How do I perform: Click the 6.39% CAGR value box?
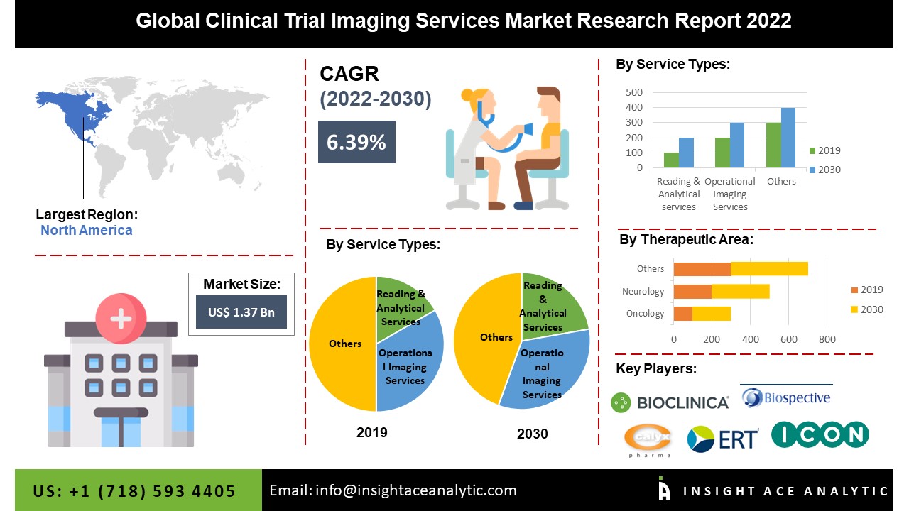click(x=356, y=142)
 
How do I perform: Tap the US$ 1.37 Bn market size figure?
click(x=241, y=312)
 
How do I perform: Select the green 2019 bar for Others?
click(x=773, y=145)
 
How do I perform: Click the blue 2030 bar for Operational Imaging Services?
click(x=737, y=145)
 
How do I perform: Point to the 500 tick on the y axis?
click(x=634, y=92)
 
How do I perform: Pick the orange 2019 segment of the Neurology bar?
click(x=692, y=292)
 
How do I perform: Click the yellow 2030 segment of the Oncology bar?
click(x=712, y=314)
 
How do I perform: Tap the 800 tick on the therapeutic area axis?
click(x=827, y=339)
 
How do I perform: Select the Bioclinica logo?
click(x=670, y=402)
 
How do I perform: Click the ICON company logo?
click(x=820, y=435)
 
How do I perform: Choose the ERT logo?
click(x=723, y=439)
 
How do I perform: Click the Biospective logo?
click(x=786, y=397)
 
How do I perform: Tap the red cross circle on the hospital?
click(x=121, y=319)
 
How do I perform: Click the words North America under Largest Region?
click(x=87, y=231)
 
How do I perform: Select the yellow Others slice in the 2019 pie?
click(x=343, y=344)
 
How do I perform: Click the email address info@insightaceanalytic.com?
click(x=416, y=490)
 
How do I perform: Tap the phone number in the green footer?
click(x=134, y=491)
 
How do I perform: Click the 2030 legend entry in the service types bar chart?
click(x=825, y=170)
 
